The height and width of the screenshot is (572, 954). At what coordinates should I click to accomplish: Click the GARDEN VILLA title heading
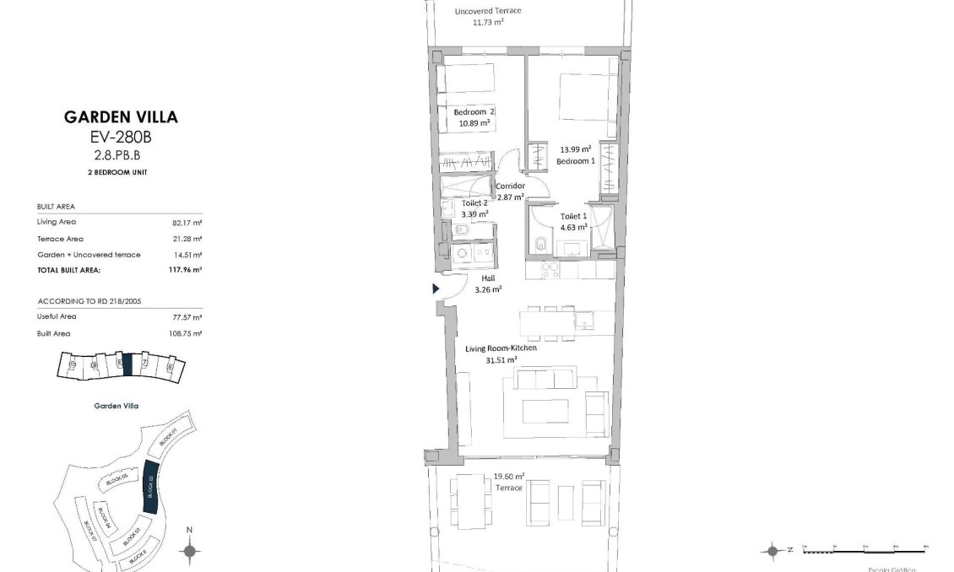click(121, 117)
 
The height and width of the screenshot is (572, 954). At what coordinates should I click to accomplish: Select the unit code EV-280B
click(121, 138)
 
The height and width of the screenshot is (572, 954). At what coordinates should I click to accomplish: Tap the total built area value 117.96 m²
click(185, 271)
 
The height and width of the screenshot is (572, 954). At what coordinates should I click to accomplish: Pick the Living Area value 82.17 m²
click(187, 223)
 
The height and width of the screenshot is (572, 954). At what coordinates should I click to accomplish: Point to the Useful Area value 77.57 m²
click(187, 317)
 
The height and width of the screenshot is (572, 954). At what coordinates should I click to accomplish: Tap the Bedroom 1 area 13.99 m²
click(575, 148)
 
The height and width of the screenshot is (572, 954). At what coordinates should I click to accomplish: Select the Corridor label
click(510, 186)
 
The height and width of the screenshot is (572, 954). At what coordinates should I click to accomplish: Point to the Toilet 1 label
click(575, 216)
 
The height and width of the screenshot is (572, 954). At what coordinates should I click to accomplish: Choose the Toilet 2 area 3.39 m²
click(474, 214)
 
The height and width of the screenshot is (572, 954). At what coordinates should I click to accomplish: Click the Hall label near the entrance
click(488, 278)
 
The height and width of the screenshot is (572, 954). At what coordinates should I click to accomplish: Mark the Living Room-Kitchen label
click(501, 348)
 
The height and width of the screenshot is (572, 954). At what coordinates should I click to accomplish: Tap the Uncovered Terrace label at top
click(488, 11)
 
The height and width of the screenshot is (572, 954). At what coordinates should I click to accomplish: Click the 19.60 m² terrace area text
click(508, 476)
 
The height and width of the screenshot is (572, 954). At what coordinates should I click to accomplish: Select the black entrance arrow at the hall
click(436, 289)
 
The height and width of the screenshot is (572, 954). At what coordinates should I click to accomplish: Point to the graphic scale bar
click(865, 549)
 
